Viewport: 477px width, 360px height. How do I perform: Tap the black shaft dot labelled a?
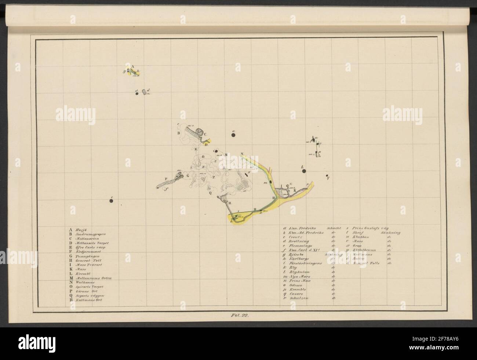(233, 135)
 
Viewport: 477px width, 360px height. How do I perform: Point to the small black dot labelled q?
(327, 176)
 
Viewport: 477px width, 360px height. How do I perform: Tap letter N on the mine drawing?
(241, 154)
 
